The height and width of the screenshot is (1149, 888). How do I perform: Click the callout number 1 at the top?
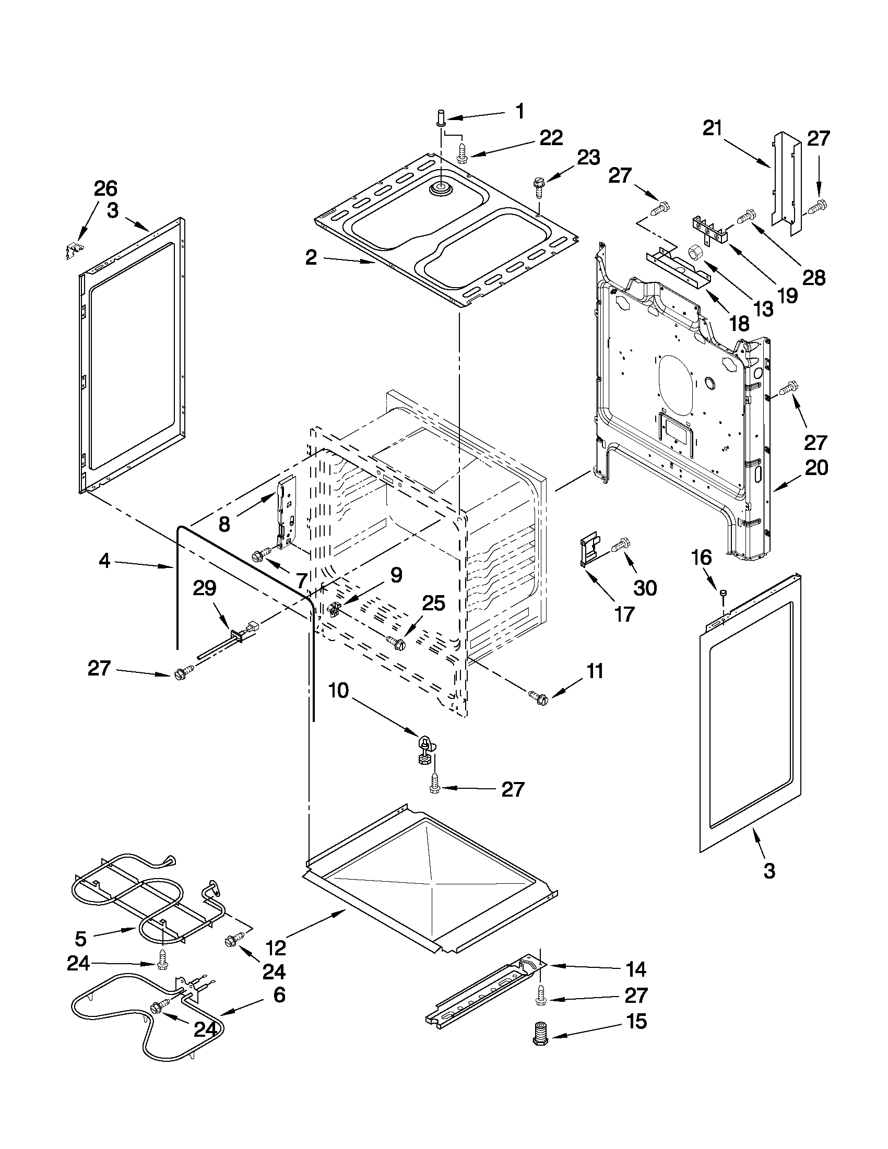pyautogui.click(x=519, y=112)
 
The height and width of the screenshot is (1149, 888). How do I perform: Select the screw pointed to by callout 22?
pyautogui.click(x=463, y=153)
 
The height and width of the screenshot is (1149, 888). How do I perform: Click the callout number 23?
pyautogui.click(x=588, y=157)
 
